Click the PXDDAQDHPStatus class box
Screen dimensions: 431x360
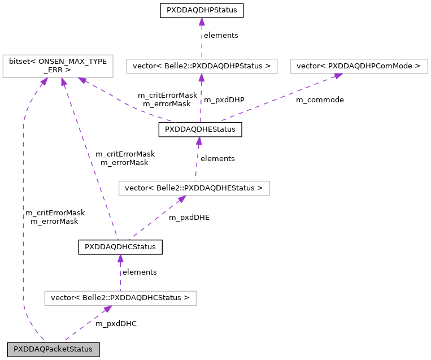click(202, 10)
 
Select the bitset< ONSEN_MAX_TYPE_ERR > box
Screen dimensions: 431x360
click(58, 66)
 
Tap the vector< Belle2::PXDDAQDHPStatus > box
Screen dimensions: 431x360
click(202, 66)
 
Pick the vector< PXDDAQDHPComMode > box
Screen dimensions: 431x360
click(359, 66)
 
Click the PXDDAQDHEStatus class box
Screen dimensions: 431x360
click(200, 129)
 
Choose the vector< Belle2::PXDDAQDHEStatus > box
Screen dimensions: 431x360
click(194, 188)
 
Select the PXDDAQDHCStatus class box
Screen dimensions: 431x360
click(120, 247)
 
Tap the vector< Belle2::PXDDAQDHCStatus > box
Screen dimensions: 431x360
click(120, 298)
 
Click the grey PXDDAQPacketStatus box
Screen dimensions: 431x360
click(53, 350)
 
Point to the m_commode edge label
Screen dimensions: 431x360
click(320, 100)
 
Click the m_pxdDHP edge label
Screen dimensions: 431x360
click(224, 100)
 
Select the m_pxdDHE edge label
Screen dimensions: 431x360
click(189, 218)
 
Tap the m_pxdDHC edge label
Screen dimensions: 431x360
click(116, 324)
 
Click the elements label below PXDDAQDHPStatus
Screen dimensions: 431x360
click(221, 36)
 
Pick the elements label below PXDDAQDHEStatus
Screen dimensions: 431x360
click(217, 159)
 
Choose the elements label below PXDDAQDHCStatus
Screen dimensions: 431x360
click(140, 272)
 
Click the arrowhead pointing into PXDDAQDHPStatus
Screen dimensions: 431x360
click(202, 21)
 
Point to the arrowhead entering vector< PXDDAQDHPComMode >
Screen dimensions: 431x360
click(338, 76)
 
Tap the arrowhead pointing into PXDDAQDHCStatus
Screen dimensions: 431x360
click(120, 258)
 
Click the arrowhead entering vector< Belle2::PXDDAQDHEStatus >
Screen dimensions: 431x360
click(181, 199)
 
